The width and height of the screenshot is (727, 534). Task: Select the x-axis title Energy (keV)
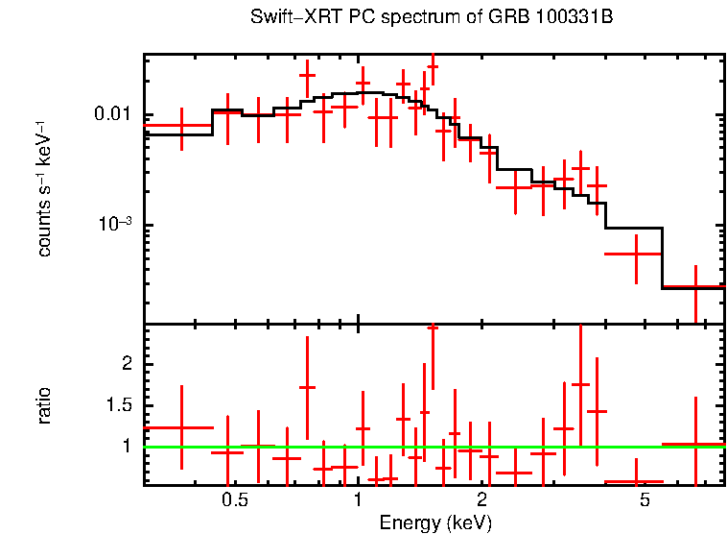tap(435, 522)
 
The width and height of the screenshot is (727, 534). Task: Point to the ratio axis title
tap(44, 405)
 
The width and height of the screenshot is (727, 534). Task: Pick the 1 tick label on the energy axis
tap(358, 500)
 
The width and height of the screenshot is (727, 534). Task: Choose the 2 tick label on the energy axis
tap(481, 500)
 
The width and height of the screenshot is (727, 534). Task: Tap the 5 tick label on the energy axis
tap(645, 500)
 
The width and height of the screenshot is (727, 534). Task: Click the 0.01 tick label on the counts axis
tap(113, 115)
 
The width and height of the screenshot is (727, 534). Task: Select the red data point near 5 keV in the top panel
tap(636, 254)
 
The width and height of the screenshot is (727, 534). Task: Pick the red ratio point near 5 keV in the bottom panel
tap(636, 481)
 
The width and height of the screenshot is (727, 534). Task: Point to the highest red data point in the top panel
tap(433, 67)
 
